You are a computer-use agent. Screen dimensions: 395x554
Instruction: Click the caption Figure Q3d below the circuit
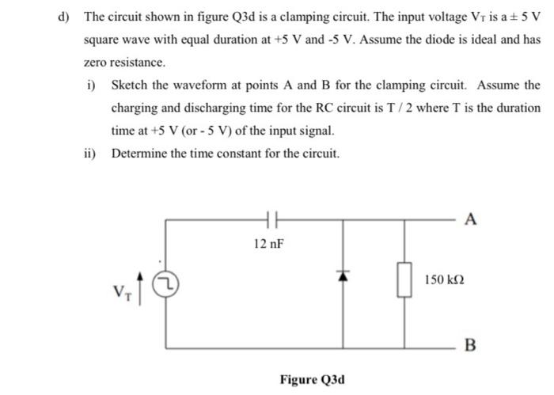pyautogui.click(x=311, y=378)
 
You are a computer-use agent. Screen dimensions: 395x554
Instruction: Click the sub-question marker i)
pyautogui.click(x=90, y=85)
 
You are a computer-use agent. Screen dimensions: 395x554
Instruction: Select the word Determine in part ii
pyautogui.click(x=139, y=154)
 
